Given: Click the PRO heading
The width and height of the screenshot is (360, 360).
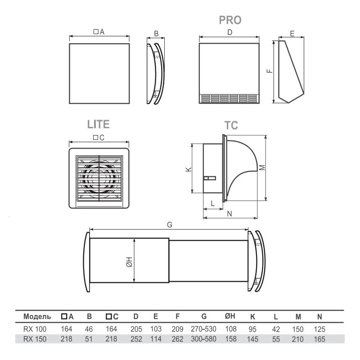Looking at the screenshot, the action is point(230,20).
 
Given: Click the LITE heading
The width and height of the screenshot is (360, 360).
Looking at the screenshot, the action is point(98,124).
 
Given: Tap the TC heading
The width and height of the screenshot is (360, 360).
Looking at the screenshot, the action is point(231,126).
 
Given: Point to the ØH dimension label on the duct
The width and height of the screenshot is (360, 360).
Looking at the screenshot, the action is point(129,262).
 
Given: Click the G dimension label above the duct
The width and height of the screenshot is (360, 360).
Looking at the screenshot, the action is point(170,225).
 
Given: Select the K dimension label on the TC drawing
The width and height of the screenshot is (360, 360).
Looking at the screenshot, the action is point(189,170).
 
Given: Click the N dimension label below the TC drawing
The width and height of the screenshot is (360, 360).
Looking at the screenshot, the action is point(229,214).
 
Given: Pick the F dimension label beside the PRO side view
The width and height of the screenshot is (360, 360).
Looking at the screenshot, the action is point(270,71).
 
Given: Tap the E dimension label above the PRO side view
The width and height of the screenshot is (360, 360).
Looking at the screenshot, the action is point(292,34).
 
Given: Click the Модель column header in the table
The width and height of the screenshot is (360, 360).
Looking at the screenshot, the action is point(37,317).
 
